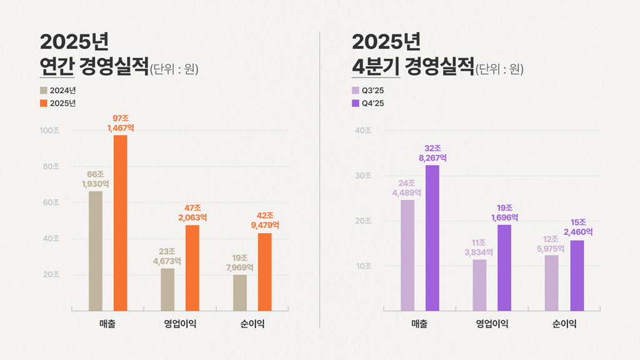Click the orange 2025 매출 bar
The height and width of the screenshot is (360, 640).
(120, 222)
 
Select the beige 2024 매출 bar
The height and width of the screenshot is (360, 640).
(96, 251)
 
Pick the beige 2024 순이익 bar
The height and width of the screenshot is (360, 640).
(240, 292)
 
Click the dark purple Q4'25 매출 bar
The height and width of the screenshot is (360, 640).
(432, 237)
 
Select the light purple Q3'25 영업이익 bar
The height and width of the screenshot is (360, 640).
(479, 284)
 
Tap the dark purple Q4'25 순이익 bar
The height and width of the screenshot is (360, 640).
(577, 275)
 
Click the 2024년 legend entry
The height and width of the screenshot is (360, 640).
(57, 91)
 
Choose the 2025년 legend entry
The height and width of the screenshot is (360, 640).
(57, 103)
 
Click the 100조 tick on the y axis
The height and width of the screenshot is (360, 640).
(49, 131)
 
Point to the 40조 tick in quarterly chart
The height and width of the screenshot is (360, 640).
(363, 131)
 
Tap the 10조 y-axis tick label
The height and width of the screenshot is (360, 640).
(363, 266)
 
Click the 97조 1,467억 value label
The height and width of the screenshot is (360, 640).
(121, 123)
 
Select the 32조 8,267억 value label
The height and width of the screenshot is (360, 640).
(432, 153)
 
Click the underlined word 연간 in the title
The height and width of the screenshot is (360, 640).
(57, 66)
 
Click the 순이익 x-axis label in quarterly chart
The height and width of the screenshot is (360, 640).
(564, 324)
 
